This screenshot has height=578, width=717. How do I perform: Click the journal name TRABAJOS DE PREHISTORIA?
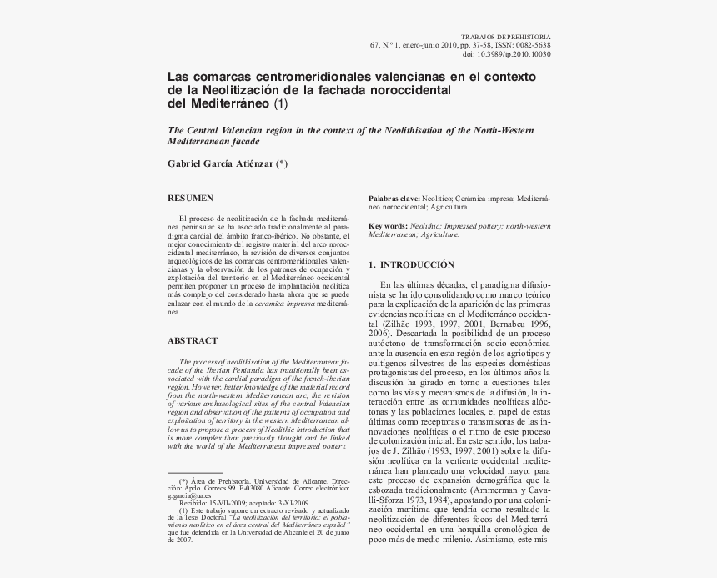pyautogui.click(x=505, y=38)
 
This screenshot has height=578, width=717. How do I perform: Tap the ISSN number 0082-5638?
pyautogui.click(x=530, y=46)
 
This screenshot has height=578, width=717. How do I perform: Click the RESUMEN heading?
pyautogui.click(x=191, y=198)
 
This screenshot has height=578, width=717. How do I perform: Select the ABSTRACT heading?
pyautogui.click(x=193, y=340)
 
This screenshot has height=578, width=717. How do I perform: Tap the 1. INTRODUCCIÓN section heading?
pyautogui.click(x=411, y=264)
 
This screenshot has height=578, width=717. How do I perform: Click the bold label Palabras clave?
pyautogui.click(x=394, y=199)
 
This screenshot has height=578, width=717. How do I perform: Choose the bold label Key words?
pyautogui.click(x=389, y=226)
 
